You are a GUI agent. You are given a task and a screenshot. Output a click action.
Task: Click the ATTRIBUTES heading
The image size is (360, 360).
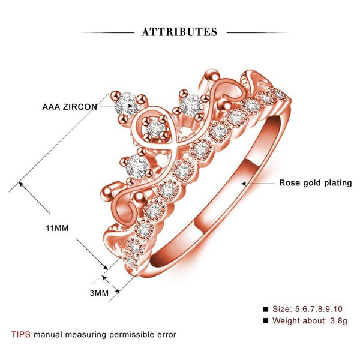point(179,32)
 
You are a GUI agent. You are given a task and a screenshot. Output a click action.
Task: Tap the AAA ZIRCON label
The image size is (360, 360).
point(70,107)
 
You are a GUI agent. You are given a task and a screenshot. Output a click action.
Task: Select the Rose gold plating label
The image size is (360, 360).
point(316,183)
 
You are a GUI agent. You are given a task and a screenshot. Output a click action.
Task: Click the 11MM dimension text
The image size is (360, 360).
point(57,228)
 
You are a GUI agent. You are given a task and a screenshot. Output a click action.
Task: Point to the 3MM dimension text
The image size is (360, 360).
point(99,293)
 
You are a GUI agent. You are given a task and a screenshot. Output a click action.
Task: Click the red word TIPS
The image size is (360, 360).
point(21,334)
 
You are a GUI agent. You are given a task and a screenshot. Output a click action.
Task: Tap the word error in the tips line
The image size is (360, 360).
point(167,335)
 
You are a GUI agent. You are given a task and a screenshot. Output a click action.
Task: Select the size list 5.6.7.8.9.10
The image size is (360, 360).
point(319,309)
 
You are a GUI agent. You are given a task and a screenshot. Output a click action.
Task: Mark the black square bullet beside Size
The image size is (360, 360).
point(266,309)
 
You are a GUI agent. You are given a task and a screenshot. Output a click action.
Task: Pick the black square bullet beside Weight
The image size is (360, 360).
point(266,320)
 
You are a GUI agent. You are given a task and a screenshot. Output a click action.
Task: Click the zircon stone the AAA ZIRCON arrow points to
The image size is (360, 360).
point(127,104)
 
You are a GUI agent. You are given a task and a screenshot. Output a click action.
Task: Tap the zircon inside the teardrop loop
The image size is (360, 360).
point(156,130)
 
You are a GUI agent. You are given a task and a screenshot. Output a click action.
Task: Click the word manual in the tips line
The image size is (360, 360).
point(48,335)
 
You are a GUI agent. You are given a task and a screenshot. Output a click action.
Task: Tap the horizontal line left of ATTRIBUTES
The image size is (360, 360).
point(107,32)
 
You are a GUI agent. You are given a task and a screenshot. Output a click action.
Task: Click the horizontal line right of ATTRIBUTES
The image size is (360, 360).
point(257,32)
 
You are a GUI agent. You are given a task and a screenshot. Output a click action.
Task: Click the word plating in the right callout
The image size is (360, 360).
point(338,183)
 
